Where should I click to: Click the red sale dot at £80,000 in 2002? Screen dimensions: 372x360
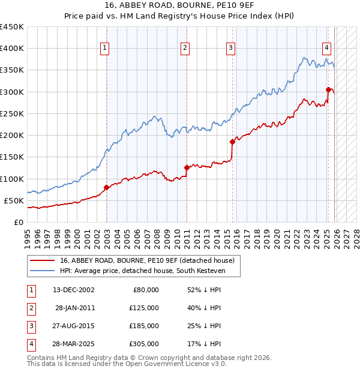(x=107, y=187)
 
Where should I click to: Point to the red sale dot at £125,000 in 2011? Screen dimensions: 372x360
(x=187, y=168)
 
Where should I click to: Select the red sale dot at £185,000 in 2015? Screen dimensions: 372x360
(x=232, y=142)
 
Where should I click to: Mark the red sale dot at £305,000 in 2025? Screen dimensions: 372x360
(x=328, y=90)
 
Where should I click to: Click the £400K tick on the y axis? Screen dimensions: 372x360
(x=12, y=49)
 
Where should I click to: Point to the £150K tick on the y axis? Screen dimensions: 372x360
(x=12, y=157)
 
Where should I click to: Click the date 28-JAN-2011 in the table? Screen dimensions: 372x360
(x=75, y=308)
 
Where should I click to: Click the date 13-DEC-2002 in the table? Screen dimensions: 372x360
(x=73, y=290)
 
